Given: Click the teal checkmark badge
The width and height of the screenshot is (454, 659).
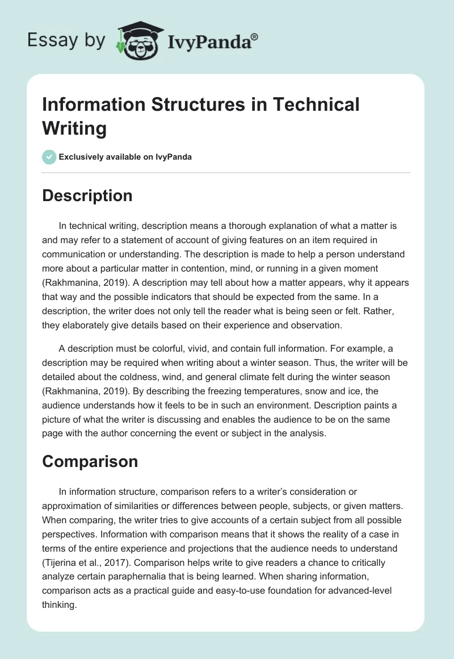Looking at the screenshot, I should pyautogui.click(x=49, y=157).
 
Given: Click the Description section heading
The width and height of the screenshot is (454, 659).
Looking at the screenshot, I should pyautogui.click(x=87, y=195).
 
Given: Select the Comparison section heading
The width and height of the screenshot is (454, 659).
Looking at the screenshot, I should pyautogui.click(x=90, y=461).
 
